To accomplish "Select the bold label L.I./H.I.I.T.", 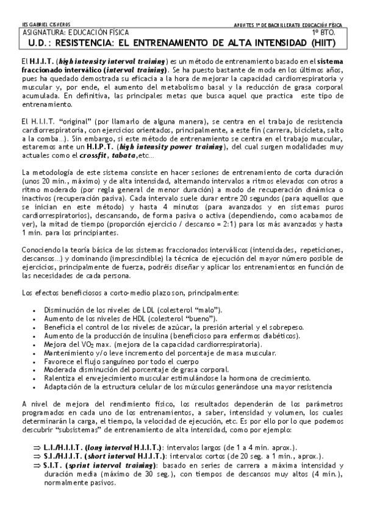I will (68, 447).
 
